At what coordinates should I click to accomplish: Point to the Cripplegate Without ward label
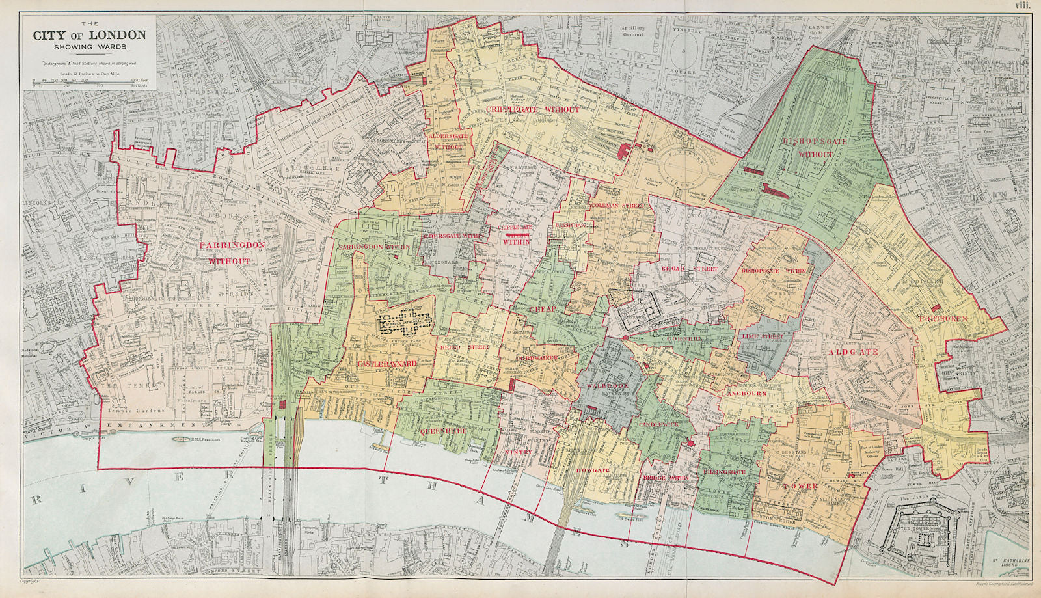531,110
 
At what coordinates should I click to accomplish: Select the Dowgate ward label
591,470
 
